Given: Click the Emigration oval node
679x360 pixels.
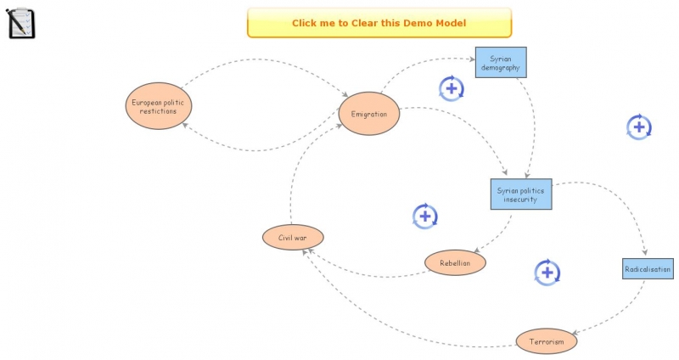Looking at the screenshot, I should (x=368, y=114).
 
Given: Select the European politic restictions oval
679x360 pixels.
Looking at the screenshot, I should (x=159, y=106).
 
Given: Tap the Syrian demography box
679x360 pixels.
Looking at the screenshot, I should (x=500, y=63).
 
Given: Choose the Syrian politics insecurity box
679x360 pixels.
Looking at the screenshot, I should (x=521, y=194).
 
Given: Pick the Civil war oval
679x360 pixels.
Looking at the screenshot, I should (x=293, y=237).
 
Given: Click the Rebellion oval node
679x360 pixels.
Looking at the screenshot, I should (x=455, y=263).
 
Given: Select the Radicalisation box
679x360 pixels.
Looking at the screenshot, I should (x=648, y=269).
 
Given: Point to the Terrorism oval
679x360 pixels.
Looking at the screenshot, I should (x=547, y=341).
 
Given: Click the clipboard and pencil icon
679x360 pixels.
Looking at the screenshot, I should (x=21, y=23).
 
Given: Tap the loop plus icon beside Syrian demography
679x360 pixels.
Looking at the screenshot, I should (x=452, y=87).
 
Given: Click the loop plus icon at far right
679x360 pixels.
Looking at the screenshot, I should (x=639, y=127).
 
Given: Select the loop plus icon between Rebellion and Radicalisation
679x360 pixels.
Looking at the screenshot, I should (x=547, y=273).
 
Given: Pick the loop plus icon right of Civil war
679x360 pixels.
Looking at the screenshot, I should (x=424, y=217).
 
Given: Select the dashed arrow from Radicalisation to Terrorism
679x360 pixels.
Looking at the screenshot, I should (x=620, y=314).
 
